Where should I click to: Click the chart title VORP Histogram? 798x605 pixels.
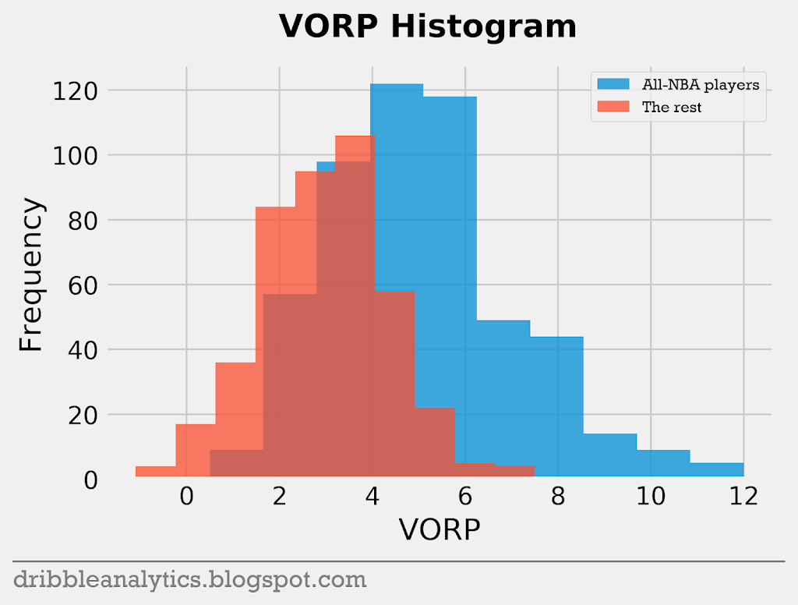coord(428,27)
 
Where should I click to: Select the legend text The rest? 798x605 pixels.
coord(671,108)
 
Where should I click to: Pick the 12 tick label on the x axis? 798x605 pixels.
coord(743,497)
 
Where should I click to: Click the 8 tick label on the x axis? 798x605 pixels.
coord(558,497)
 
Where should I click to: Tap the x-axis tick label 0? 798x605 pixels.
coord(186,497)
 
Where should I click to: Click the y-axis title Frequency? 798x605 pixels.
coord(32,274)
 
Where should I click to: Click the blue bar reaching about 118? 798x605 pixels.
coord(450,234)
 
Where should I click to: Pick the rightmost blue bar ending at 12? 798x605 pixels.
coord(716,469)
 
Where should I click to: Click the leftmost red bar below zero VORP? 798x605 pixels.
coord(155,471)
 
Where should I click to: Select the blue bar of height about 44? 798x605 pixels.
coord(556,405)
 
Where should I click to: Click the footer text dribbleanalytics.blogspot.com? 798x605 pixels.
coord(190,579)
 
